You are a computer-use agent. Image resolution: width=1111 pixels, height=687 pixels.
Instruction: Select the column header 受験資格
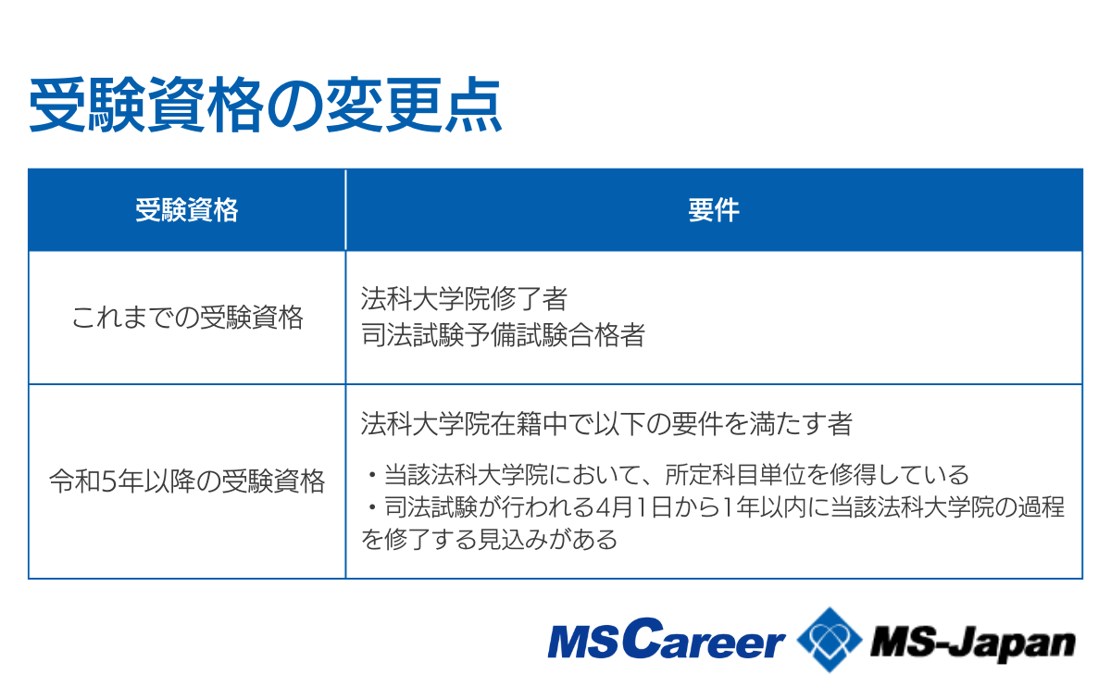click(187, 210)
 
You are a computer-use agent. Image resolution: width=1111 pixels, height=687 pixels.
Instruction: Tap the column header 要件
click(713, 210)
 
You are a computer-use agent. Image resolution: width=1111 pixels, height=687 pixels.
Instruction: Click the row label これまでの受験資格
click(187, 319)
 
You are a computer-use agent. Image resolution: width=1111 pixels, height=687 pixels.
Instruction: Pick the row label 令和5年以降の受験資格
click(187, 481)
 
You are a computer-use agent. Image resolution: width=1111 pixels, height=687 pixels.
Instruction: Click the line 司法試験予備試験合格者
click(502, 335)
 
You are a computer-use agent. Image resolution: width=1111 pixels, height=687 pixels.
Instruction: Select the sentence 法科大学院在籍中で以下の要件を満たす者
click(606, 424)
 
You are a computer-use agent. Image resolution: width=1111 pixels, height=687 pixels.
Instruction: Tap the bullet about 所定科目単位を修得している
click(667, 476)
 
